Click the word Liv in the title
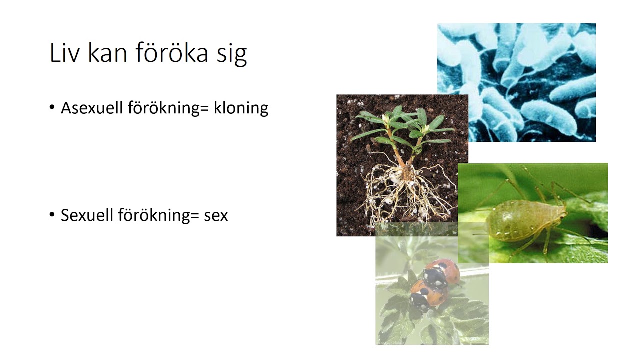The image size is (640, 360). (x=64, y=52)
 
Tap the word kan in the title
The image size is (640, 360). (x=107, y=52)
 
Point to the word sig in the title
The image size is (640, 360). (x=232, y=55)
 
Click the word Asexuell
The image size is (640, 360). (x=92, y=108)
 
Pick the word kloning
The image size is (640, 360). (x=241, y=108)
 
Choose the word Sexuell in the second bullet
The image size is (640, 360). (x=87, y=215)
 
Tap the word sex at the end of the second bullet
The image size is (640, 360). (x=216, y=216)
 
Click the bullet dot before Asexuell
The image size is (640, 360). (x=52, y=107)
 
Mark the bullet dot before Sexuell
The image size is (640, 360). (x=52, y=214)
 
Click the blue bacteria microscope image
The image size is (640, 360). (x=516, y=82)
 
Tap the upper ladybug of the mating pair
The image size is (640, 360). (x=441, y=273)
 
